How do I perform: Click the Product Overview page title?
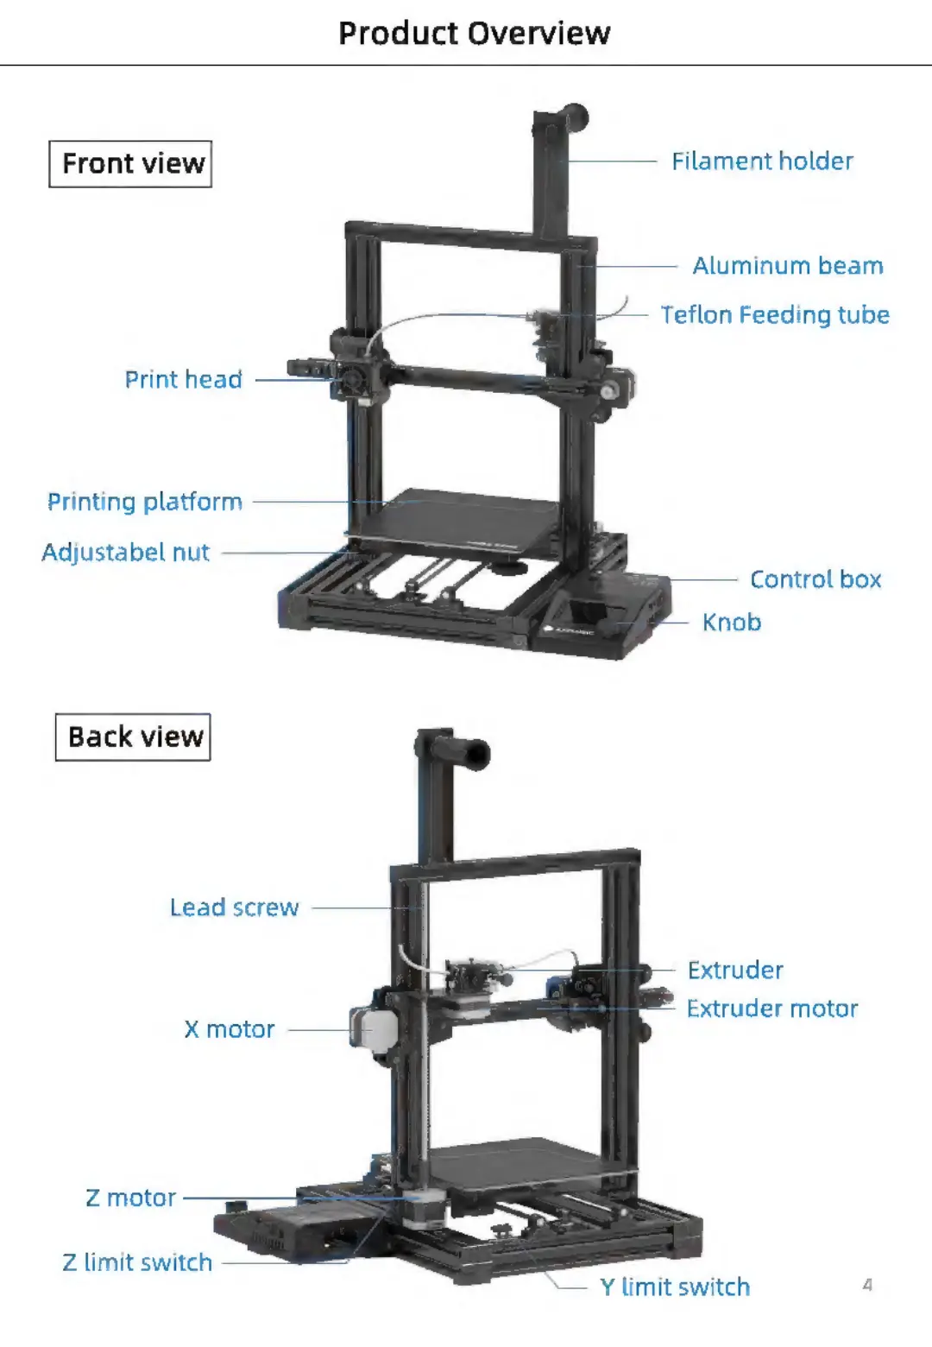click(x=474, y=33)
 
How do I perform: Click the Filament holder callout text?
click(x=762, y=161)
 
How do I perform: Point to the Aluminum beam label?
click(x=788, y=266)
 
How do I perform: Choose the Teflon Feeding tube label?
click(x=774, y=314)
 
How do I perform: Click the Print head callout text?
click(x=183, y=379)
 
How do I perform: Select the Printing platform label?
click(x=144, y=502)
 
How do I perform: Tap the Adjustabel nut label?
click(x=126, y=553)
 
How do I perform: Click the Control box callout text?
click(x=815, y=579)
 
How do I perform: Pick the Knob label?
click(x=731, y=623)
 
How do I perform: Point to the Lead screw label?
click(x=234, y=907)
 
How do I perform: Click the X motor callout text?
click(x=229, y=1029)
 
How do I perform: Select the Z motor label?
click(x=130, y=1198)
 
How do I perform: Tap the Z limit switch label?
click(x=137, y=1262)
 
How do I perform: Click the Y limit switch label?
click(x=675, y=1287)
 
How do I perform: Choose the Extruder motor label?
click(x=771, y=1009)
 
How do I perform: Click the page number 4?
click(x=867, y=1285)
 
